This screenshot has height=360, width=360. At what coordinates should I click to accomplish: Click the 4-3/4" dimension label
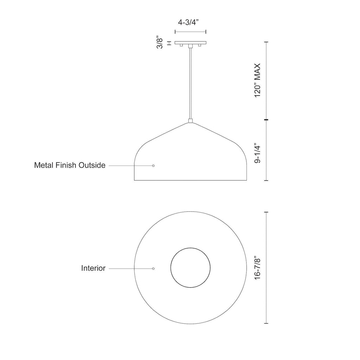[x=188, y=22]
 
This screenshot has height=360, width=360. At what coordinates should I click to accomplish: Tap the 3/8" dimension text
[x=160, y=42]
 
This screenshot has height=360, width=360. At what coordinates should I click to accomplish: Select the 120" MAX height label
[x=258, y=81]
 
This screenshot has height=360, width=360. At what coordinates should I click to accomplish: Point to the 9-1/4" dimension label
[x=258, y=154]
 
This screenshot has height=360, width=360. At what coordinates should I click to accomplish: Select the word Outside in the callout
[x=92, y=165]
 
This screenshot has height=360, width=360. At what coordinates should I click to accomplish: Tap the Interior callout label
[x=93, y=268]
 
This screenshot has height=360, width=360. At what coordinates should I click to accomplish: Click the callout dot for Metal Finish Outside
[x=153, y=166]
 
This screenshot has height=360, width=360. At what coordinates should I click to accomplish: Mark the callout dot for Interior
[x=153, y=268]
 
